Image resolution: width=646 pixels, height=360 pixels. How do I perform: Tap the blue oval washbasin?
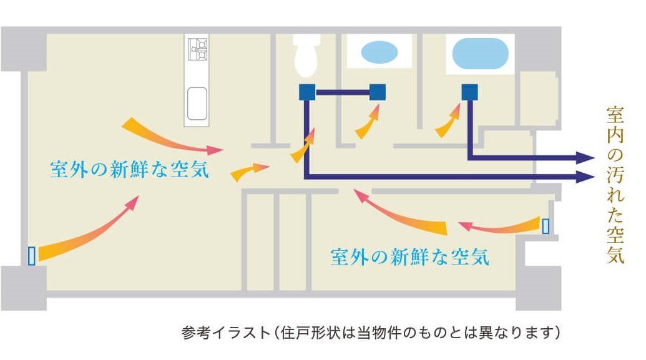[379, 52]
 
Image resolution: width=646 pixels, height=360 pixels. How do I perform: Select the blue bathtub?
[481, 54]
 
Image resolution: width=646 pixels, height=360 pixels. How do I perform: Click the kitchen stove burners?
[197, 49]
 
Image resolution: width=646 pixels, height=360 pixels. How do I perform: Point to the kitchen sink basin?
[197, 104]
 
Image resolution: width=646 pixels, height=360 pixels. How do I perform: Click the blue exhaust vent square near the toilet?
[307, 92]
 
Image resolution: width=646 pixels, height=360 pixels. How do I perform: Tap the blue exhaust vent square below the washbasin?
[378, 92]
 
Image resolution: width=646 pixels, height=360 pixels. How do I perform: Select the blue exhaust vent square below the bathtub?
[469, 92]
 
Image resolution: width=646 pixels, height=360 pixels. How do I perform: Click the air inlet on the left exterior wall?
[31, 255]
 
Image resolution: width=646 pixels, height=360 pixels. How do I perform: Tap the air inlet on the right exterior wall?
[546, 226]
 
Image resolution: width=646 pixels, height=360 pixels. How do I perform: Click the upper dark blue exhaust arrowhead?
[585, 157]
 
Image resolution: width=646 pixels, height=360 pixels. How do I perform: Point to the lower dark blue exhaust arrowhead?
[585, 177]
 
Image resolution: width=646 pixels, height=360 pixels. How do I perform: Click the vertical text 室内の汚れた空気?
[615, 185]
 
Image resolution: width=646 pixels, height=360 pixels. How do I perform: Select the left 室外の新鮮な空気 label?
[129, 169]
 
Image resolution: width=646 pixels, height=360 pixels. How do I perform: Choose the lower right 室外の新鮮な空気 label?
[410, 256]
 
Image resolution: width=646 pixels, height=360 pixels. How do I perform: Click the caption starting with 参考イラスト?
[370, 332]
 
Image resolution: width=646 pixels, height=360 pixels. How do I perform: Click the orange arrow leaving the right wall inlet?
[499, 226]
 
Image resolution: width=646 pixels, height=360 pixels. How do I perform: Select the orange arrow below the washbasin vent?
[367, 122]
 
